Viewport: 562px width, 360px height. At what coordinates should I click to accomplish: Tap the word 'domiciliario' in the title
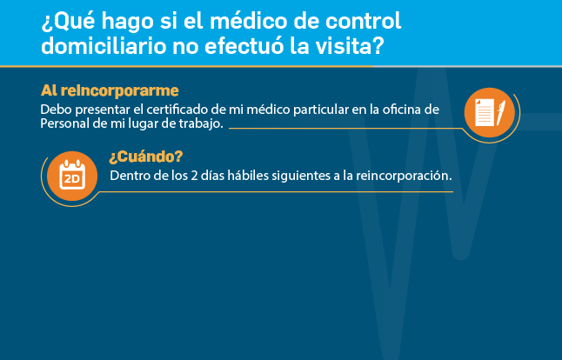click(x=104, y=47)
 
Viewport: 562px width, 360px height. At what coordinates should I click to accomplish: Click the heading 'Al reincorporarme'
click(x=110, y=90)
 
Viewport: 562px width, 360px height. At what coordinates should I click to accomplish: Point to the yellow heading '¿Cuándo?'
click(x=146, y=157)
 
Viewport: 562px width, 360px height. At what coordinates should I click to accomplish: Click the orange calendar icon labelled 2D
click(x=72, y=176)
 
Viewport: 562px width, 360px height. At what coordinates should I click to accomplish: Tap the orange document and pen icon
click(x=490, y=112)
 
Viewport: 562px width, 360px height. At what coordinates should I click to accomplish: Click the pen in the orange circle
click(x=501, y=113)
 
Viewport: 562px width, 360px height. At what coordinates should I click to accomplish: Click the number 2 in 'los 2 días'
click(x=194, y=176)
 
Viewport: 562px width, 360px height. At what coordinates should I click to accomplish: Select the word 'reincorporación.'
click(x=404, y=176)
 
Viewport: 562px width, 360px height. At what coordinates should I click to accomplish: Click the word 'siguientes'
click(x=301, y=176)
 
